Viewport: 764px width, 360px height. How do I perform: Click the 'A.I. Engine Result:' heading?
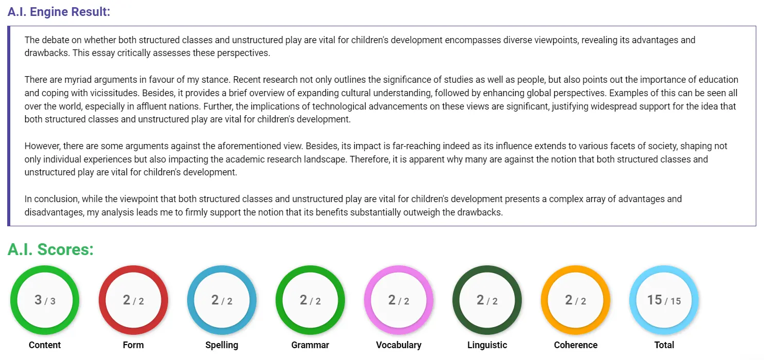tap(59, 11)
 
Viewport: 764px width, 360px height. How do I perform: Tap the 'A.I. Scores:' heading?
tap(50, 249)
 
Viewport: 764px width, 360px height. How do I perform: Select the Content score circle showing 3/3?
tap(45, 300)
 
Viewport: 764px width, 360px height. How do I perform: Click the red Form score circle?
tap(133, 300)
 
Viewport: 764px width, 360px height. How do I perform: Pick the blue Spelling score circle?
tap(222, 300)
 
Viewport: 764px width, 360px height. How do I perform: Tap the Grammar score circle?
tap(310, 300)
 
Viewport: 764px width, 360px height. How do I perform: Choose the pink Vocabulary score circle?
tap(398, 300)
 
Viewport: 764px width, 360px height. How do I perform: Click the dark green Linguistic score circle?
tap(487, 300)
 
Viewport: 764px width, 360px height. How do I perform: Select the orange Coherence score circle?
tap(575, 300)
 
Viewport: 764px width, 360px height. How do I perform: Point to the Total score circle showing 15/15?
tap(664, 300)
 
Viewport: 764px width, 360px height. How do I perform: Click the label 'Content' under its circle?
tap(45, 345)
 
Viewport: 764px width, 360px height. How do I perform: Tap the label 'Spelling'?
tap(222, 345)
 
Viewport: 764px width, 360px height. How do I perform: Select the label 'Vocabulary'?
tap(398, 345)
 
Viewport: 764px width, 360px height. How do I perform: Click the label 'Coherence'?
tap(575, 345)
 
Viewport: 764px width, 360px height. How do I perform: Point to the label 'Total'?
tap(664, 345)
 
